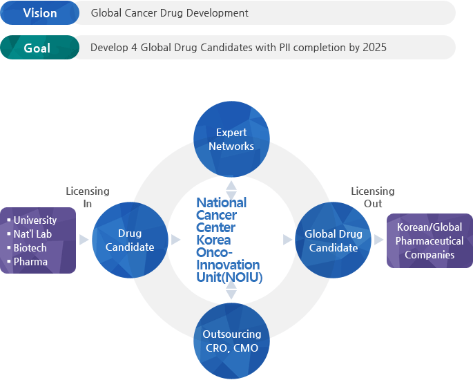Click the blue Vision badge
[40, 13]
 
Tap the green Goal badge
[40, 48]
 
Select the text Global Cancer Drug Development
[170, 13]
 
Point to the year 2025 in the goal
[375, 48]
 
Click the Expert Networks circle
[231, 139]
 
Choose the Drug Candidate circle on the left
[130, 240]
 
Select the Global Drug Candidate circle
[334, 240]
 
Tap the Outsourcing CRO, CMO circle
[231, 341]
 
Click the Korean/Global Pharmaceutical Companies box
[429, 240]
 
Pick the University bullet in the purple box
[35, 220]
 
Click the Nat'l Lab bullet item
[32, 234]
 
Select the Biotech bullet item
[30, 248]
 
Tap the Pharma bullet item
[30, 262]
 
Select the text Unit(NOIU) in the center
[228, 277]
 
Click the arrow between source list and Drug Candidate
[84, 240]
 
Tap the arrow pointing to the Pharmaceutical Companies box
[379, 240]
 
